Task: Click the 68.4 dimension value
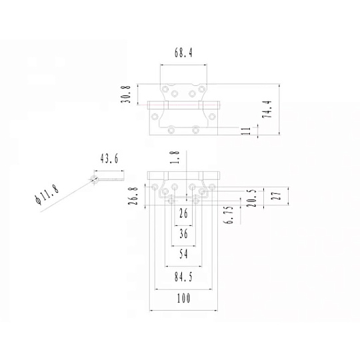[183, 53]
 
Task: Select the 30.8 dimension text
[126, 94]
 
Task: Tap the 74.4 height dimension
[267, 109]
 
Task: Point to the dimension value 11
[247, 131]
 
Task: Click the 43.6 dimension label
[109, 159]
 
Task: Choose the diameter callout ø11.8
[47, 193]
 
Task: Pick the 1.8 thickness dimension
[175, 157]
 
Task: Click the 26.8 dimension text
[133, 196]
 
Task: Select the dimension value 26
[183, 213]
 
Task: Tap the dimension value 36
[183, 234]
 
